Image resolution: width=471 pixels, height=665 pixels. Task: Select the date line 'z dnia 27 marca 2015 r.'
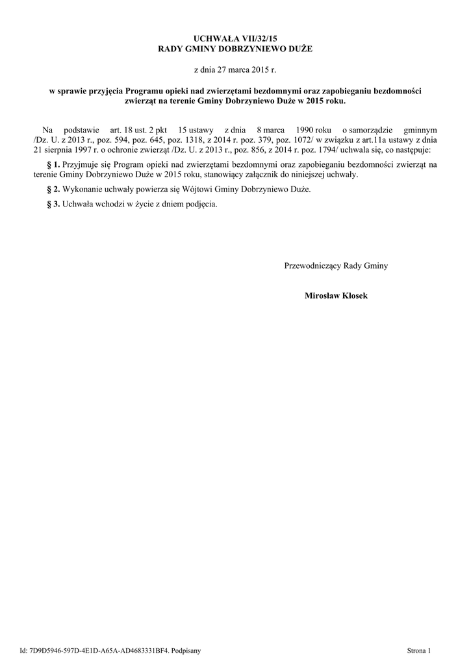(x=235, y=69)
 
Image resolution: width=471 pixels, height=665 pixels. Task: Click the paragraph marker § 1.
(x=55, y=165)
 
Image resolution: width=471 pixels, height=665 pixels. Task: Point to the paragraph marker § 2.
(x=55, y=190)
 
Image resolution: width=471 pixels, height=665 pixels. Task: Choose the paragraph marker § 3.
(x=55, y=204)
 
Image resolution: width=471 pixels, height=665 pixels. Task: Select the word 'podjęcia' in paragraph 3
(x=200, y=204)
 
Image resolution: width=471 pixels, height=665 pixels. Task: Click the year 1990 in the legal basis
(x=305, y=130)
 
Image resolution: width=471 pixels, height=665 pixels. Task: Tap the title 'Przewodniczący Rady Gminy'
(x=336, y=266)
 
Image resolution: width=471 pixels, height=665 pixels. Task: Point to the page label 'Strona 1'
(x=418, y=650)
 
